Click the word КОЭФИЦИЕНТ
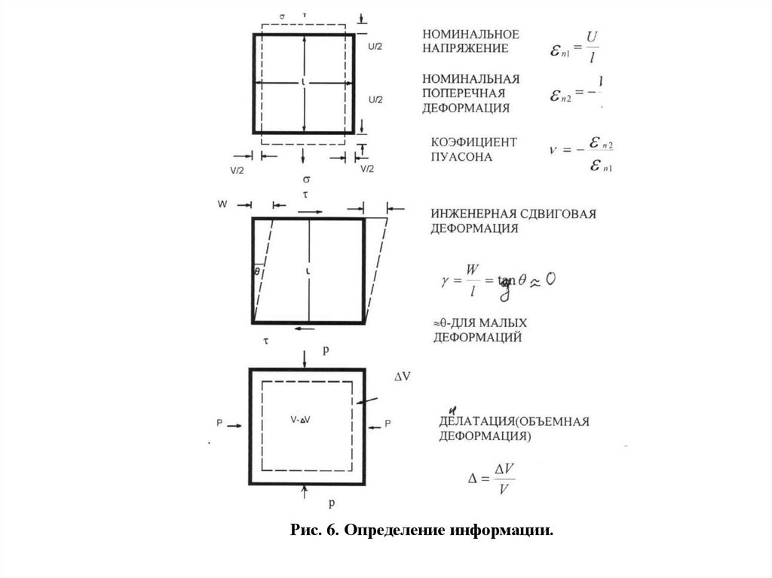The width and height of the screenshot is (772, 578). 474,142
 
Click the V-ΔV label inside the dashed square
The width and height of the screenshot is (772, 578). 300,418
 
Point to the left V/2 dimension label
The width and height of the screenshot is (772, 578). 236,170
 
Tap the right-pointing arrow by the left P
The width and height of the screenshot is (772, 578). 234,426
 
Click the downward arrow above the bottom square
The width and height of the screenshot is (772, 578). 304,359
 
